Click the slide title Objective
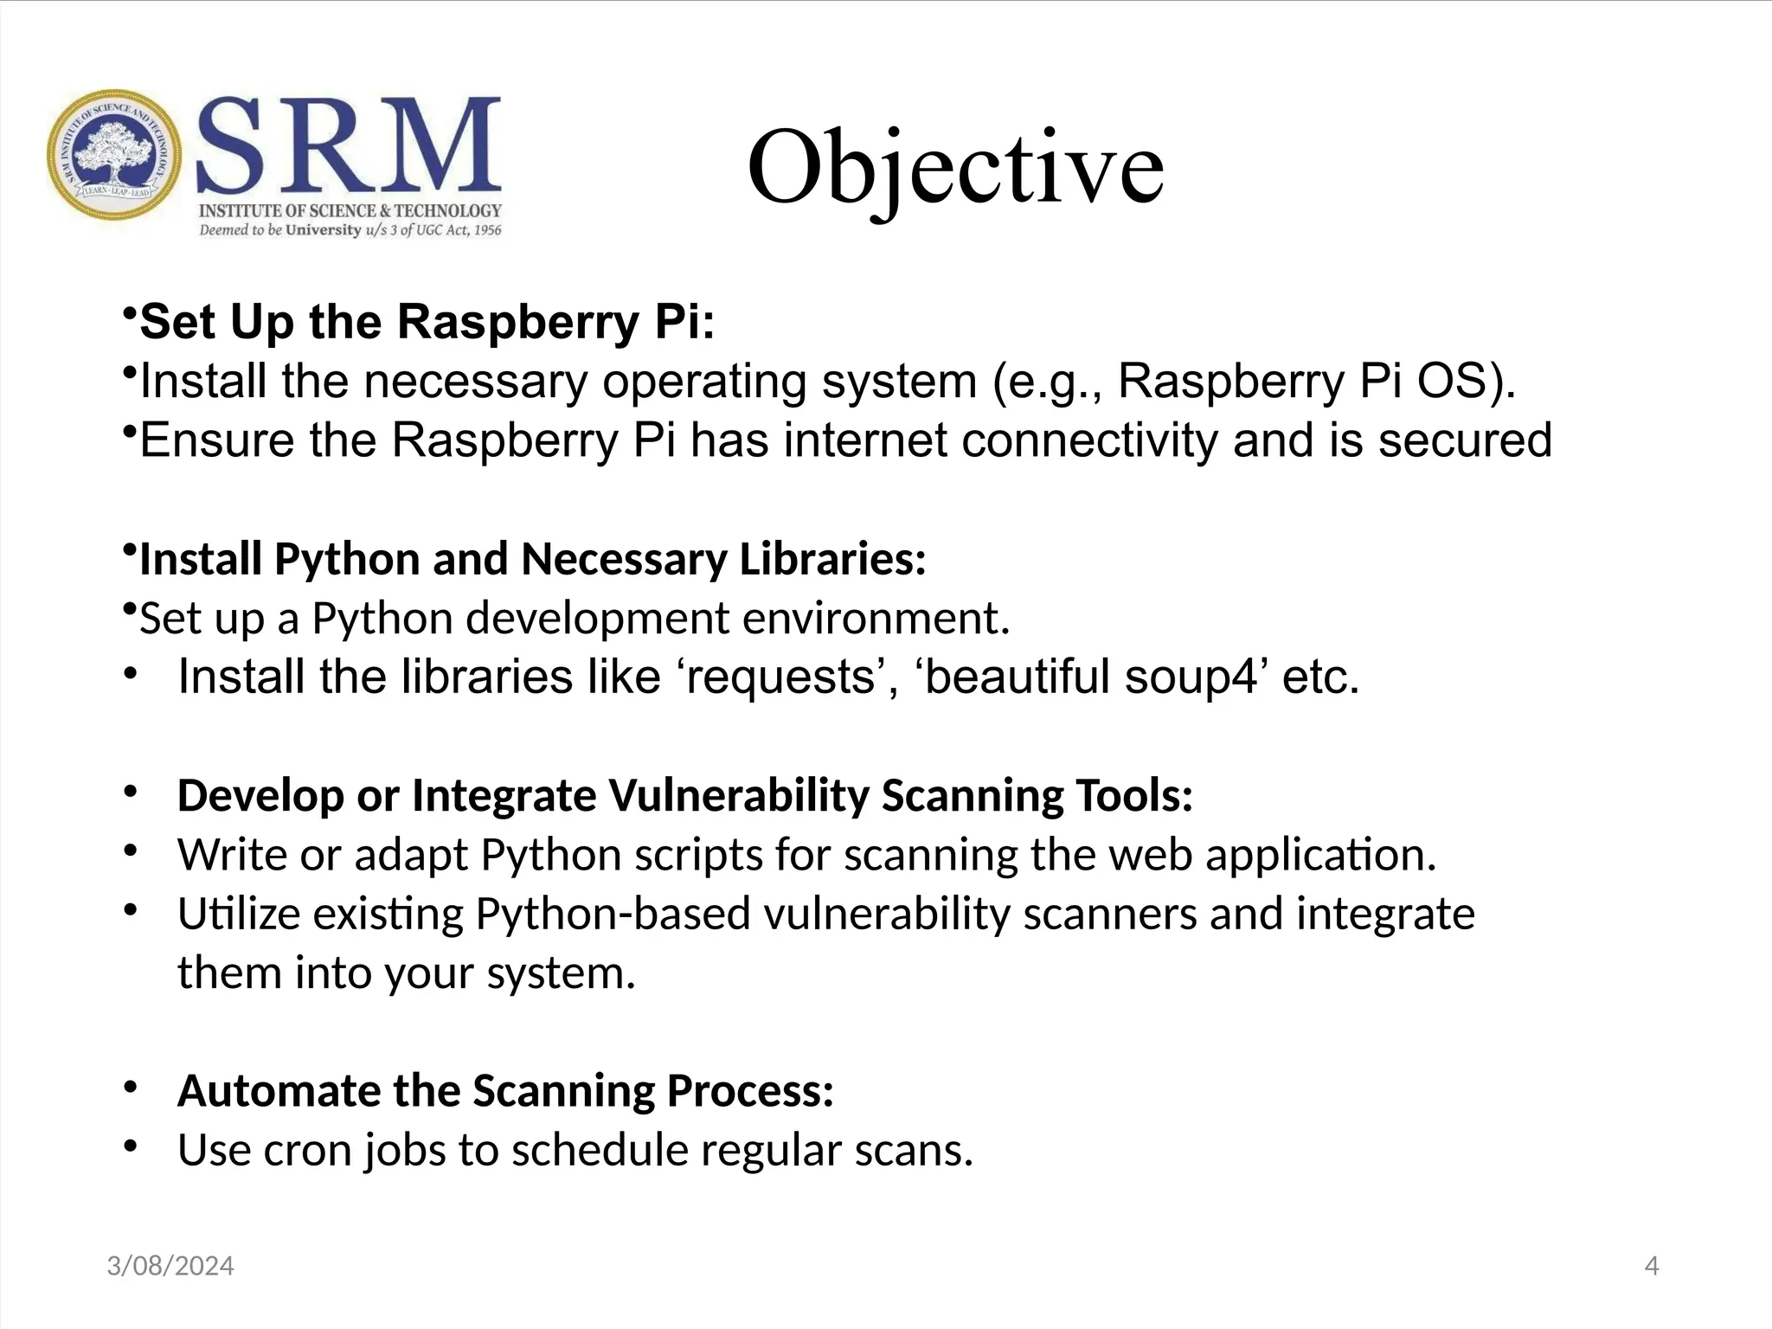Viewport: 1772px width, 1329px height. pyautogui.click(x=955, y=168)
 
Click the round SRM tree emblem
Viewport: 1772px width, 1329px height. pyautogui.click(x=114, y=155)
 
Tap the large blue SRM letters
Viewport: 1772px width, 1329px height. pyautogui.click(x=349, y=145)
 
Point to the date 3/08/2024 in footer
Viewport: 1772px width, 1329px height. pyautogui.click(x=170, y=1267)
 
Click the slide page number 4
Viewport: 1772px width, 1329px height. pyautogui.click(x=1651, y=1267)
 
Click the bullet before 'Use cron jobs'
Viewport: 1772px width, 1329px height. pyautogui.click(x=131, y=1147)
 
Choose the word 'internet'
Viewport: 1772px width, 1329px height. pyautogui.click(x=865, y=440)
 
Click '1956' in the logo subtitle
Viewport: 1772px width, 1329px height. pyautogui.click(x=487, y=230)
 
